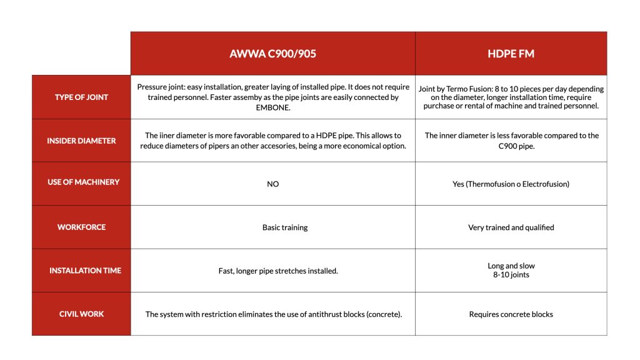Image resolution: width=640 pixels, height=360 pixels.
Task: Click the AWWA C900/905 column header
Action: (x=272, y=54)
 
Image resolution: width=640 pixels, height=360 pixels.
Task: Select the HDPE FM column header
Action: (x=511, y=54)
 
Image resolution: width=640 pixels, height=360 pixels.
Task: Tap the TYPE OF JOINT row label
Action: (x=81, y=97)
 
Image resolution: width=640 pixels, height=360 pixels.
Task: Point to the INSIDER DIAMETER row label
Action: (x=81, y=141)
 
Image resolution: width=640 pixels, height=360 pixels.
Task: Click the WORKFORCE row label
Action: (x=81, y=227)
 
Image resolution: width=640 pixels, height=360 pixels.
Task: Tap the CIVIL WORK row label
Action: (x=81, y=314)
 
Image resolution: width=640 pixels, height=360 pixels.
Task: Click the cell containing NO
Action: (x=272, y=184)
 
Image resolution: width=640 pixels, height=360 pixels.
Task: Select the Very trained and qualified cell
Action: (x=511, y=227)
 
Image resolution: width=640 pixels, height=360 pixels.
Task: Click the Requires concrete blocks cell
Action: (x=511, y=314)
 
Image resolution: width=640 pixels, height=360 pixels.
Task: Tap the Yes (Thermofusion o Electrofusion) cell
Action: (x=511, y=184)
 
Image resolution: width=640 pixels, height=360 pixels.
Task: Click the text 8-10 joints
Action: (x=511, y=275)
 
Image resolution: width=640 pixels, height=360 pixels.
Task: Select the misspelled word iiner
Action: (x=171, y=136)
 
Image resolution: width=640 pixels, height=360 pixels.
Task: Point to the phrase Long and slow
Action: (x=511, y=266)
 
